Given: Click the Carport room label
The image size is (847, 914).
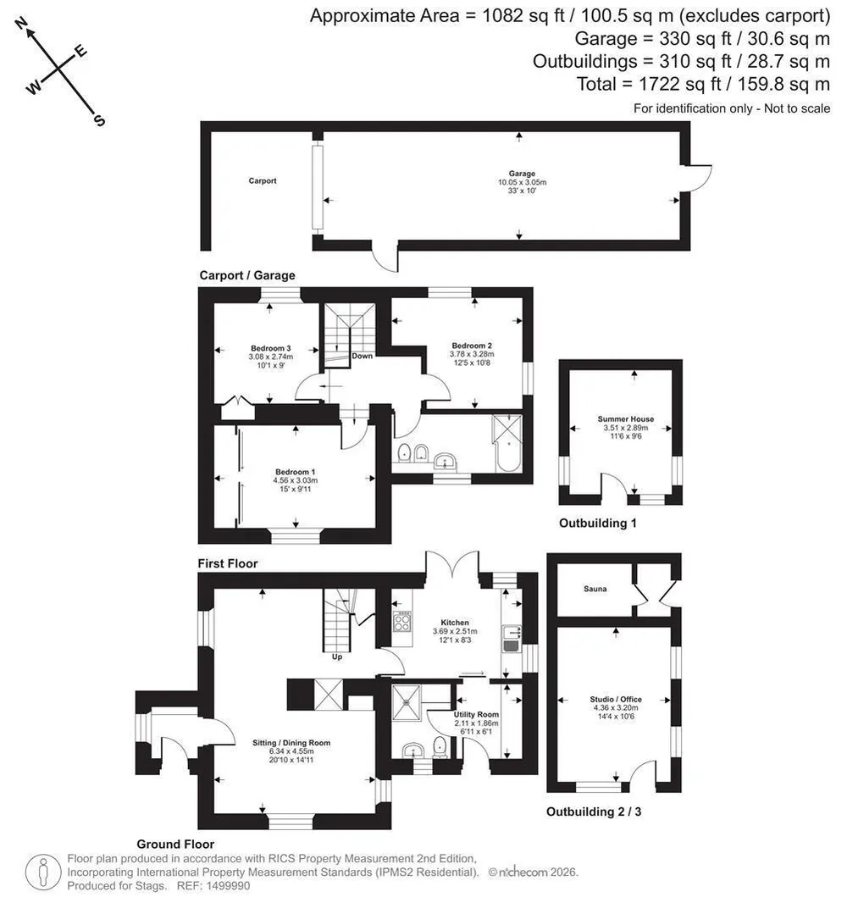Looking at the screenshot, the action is pos(263,180).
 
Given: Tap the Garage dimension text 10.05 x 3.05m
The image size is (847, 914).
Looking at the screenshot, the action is pos(522,182).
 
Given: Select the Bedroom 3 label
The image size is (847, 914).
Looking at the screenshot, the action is pos(271,348).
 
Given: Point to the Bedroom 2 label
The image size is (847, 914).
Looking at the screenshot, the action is pos(472,345).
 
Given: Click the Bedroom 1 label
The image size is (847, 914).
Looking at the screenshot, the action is pos(296,472).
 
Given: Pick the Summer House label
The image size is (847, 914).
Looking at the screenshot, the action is pos(625,418).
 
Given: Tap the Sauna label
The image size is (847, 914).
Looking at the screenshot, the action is pos(595,589).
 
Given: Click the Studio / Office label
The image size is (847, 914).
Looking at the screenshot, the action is pos(616,699).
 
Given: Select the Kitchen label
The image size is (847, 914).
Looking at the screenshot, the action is pos(455,623).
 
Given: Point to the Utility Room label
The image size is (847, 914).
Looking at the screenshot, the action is pos(476,714).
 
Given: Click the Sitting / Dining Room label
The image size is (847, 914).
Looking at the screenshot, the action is pos(291,743).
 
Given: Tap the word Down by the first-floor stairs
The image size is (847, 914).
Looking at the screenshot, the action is pos(362,356).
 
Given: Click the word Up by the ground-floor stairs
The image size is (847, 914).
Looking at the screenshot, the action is pos(337,656).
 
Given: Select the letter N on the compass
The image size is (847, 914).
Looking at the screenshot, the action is pos(21,24).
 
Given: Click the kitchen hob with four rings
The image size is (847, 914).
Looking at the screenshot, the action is pos(402,622).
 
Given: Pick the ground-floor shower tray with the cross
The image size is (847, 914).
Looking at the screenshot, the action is pos(407,703).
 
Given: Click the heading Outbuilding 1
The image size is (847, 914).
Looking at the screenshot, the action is pos(597,523).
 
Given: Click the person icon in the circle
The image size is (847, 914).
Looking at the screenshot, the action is pos(43,872).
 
